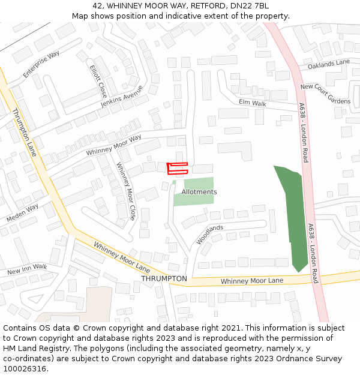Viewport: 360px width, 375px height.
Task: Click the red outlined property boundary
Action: [x=177, y=168]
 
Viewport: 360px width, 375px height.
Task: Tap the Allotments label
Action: [x=199, y=192]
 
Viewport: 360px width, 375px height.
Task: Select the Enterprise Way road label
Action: [x=42, y=64]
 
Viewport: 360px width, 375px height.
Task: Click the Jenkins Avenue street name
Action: [x=122, y=96]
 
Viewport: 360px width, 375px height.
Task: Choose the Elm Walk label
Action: [x=252, y=103]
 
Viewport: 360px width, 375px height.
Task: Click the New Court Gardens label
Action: [x=325, y=94]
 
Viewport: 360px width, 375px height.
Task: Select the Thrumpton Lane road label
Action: [x=25, y=132]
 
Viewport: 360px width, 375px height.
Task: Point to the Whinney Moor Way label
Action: [x=113, y=145]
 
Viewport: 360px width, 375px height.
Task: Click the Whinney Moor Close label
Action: [x=126, y=191]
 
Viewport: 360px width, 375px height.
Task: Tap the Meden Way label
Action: [x=22, y=213]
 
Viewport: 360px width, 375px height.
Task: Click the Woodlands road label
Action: [x=209, y=235]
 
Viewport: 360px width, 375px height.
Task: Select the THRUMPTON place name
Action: [x=164, y=279]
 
